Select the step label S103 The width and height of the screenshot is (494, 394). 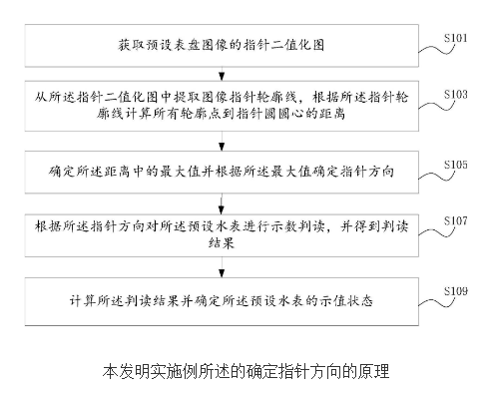(458, 94)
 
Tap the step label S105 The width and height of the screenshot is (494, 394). (458, 165)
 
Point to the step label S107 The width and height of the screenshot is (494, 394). (458, 221)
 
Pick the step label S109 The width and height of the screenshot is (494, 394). (458, 291)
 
